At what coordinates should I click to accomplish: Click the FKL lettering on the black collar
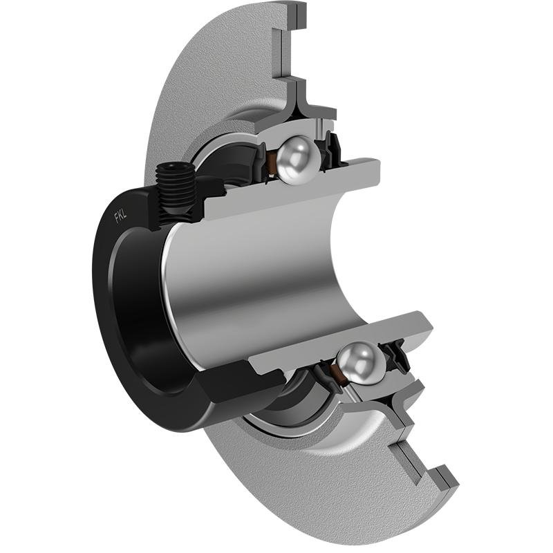(x=120, y=216)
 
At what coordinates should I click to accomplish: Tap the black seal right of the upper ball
(x=331, y=147)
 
